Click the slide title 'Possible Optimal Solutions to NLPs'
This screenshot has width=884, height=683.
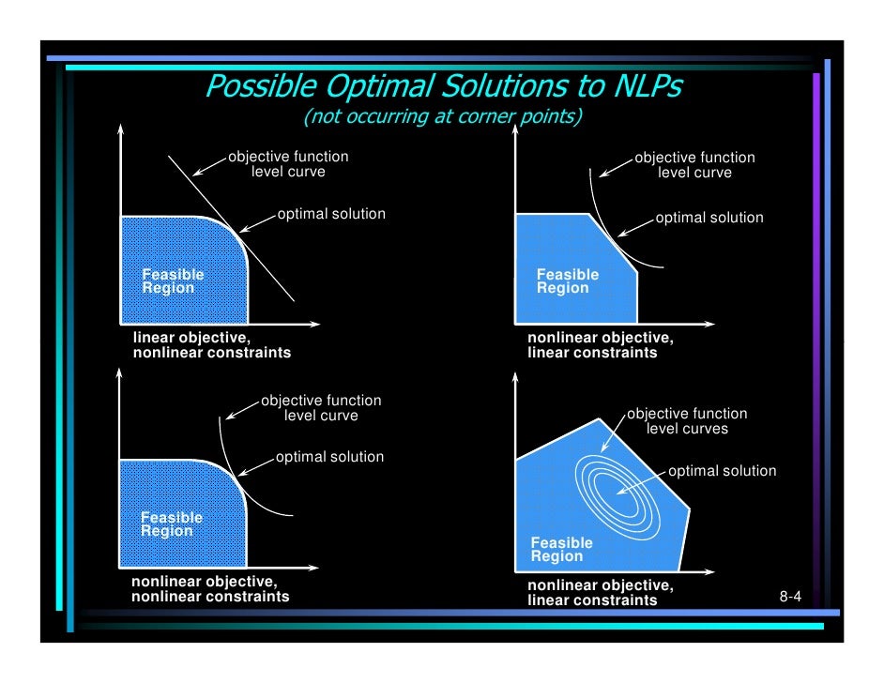point(443,88)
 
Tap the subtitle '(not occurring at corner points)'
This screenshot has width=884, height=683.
point(442,117)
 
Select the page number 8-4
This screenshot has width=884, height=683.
point(790,597)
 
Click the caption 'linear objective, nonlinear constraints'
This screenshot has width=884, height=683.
point(211,345)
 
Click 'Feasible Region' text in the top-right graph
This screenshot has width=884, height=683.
point(567,281)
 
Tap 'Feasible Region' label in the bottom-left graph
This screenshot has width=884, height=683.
point(171,524)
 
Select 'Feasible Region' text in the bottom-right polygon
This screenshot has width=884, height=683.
point(561,550)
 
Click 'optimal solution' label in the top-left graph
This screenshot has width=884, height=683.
point(330,214)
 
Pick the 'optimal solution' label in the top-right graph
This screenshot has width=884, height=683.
point(709,218)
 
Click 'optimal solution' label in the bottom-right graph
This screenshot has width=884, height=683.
point(722,471)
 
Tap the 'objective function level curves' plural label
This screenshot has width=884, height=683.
point(687,421)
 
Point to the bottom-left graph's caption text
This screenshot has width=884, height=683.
point(210,588)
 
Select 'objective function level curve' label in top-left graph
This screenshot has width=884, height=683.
point(288,164)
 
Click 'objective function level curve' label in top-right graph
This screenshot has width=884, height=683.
point(694,165)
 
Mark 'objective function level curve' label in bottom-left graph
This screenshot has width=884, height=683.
point(321,408)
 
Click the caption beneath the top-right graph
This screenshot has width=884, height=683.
point(600,345)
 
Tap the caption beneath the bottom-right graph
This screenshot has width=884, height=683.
point(600,593)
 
